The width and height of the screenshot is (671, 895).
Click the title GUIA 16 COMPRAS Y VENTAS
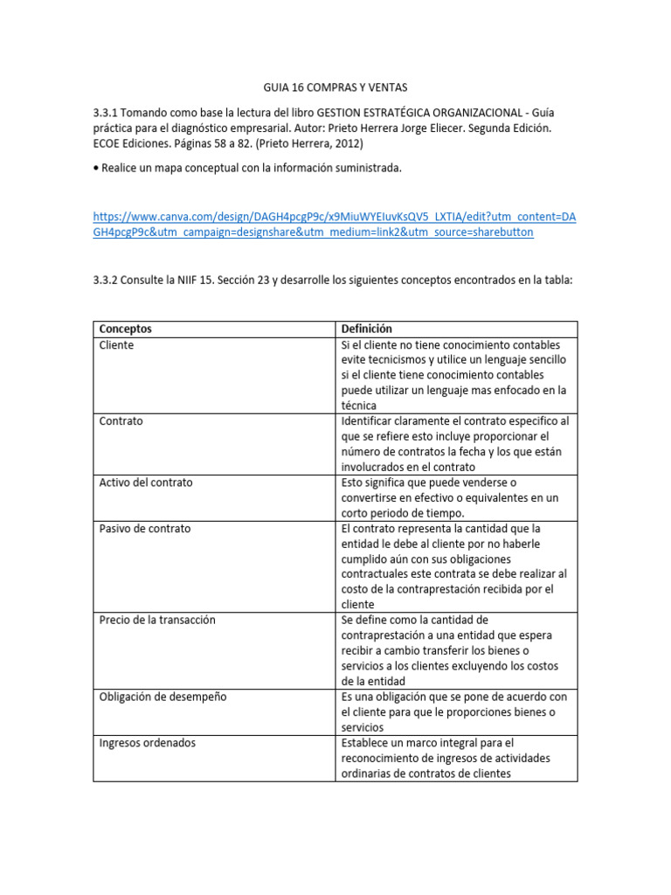335,87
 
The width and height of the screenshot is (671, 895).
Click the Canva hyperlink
335,225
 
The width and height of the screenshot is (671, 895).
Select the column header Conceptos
125,329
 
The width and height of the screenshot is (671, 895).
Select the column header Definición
366,329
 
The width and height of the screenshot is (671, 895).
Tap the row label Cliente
116,345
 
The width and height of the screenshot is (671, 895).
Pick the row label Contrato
121,421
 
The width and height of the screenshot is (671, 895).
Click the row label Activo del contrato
145,482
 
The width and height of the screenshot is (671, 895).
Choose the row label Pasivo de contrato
144,529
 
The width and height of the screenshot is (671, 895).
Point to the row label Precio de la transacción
156,620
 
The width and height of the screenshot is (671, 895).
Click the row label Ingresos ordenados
147,743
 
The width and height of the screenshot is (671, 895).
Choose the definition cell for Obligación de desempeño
453,711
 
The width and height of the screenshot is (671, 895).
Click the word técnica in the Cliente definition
359,406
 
